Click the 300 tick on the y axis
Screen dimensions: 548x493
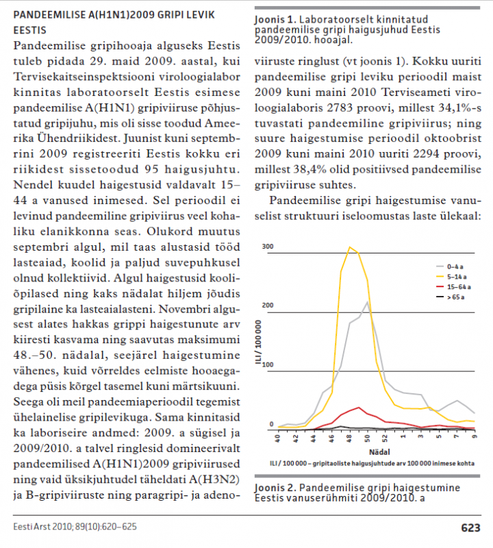pos(268,247)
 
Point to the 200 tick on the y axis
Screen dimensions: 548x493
pos(268,306)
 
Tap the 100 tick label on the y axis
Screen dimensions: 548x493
pos(268,364)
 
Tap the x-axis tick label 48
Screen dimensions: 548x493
pos(350,438)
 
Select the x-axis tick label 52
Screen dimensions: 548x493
pos(385,438)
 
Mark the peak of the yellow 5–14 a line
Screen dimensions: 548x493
pos(350,247)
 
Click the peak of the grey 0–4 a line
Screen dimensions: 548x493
pos(368,302)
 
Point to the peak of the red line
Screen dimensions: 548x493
pos(359,408)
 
